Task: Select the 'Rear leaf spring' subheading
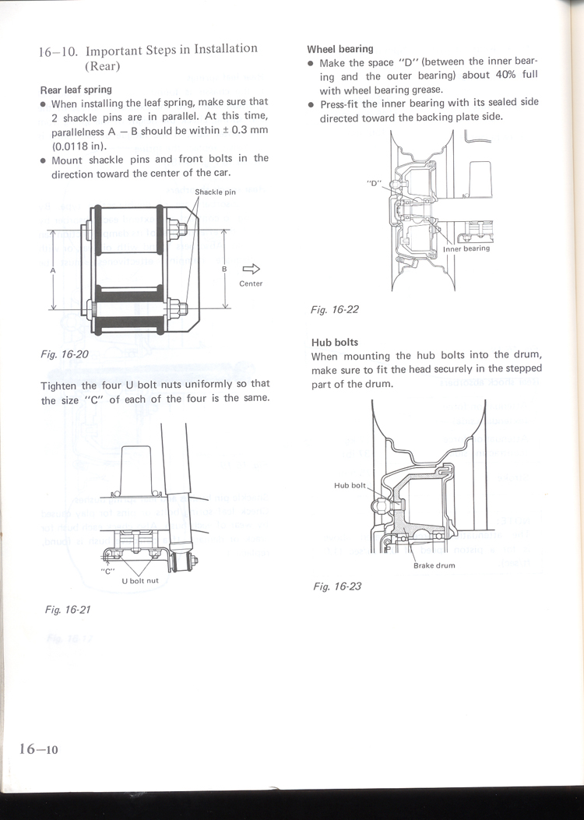(76, 90)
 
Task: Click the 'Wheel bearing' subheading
(340, 48)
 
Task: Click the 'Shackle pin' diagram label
(215, 192)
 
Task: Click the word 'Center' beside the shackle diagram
(251, 283)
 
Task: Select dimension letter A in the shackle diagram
(52, 269)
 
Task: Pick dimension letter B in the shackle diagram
(224, 269)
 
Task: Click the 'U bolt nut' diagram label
(140, 581)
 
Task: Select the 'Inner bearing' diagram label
(466, 248)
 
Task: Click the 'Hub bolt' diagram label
(350, 485)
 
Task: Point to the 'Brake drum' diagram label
(434, 565)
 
